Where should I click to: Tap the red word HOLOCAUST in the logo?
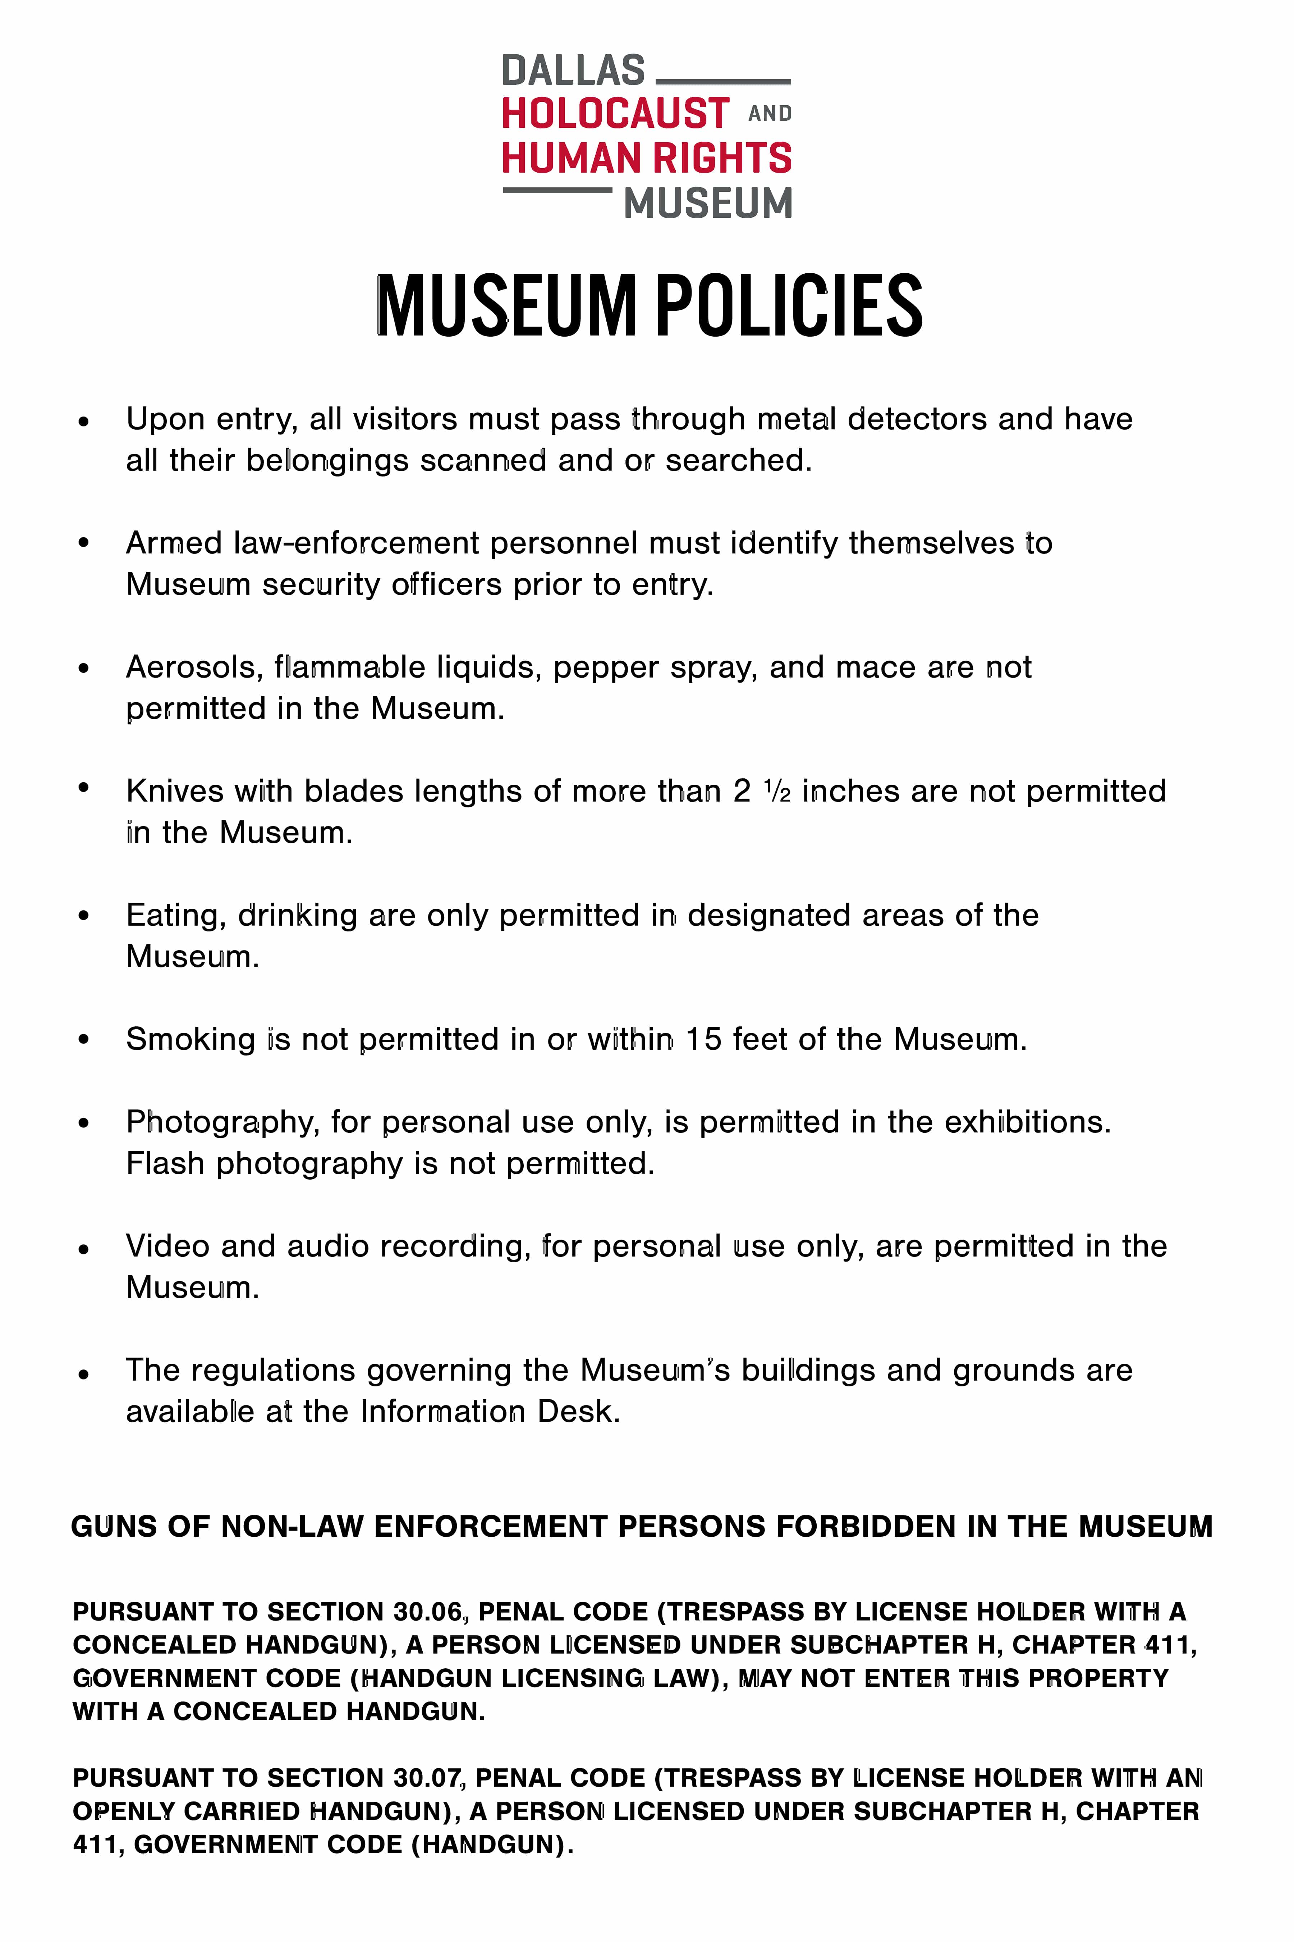[x=615, y=114]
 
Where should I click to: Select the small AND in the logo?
[x=769, y=114]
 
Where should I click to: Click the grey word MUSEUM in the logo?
[x=707, y=203]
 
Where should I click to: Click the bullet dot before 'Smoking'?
[x=83, y=1040]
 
